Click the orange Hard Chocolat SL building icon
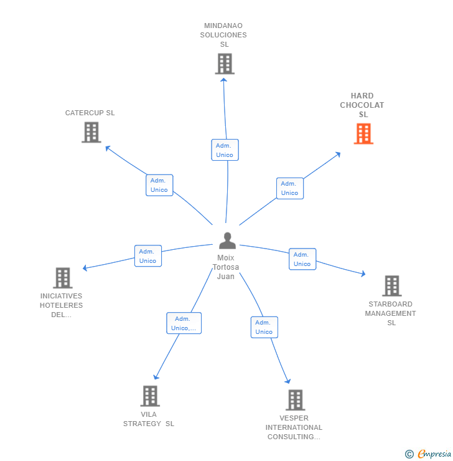pos(363,133)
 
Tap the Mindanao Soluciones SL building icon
pos(225,64)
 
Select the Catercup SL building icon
pos(91,132)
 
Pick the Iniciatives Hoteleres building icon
pos(62,278)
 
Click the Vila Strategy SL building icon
pos(150,396)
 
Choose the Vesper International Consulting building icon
pos(295,400)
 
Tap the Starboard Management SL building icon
pos(391,286)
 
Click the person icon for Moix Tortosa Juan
pos(227,240)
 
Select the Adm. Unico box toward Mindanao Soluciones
pos(225,150)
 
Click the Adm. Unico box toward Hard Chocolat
pos(290,188)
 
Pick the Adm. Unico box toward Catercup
pos(159,185)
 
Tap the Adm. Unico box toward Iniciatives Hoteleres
pos(148,256)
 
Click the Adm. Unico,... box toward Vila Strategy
pos(184,323)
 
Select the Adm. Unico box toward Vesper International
pos(264,327)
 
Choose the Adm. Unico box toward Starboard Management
pos(302,259)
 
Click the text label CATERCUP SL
pos(90,113)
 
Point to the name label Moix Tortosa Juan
pos(226,267)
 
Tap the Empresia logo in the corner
pos(429,454)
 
